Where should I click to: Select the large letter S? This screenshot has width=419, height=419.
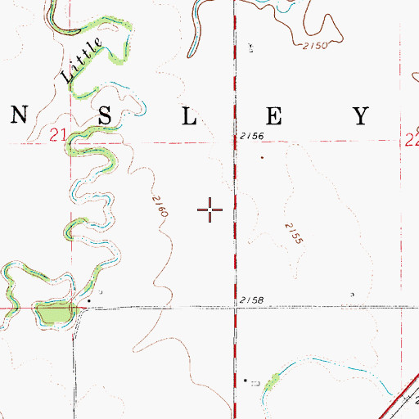[x=106, y=115]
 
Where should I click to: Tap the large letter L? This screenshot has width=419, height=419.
[x=190, y=115]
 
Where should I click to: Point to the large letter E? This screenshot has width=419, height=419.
[x=274, y=115]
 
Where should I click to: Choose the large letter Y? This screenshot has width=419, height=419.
[x=361, y=115]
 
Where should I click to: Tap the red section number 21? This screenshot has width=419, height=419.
[x=56, y=133]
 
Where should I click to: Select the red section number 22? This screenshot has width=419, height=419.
[x=412, y=141]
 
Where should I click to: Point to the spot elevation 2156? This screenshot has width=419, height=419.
[x=252, y=136]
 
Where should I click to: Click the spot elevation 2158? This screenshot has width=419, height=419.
[x=252, y=302]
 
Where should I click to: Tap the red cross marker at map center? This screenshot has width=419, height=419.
[x=211, y=209]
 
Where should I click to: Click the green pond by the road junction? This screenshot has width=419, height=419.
[x=52, y=313]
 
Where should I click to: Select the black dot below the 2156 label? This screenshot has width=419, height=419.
[x=262, y=157]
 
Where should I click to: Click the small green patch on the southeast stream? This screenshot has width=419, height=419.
[x=273, y=378]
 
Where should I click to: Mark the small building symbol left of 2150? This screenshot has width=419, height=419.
[x=250, y=48]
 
